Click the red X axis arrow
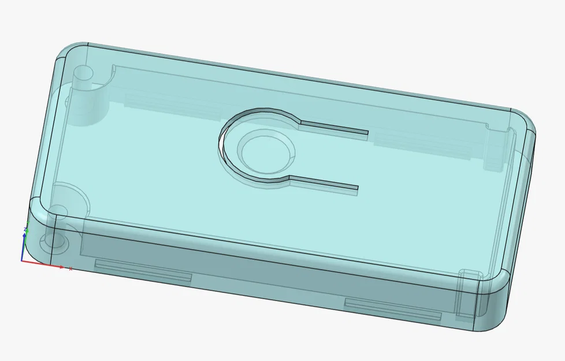point(61,266)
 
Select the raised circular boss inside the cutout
point(266,152)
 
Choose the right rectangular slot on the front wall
point(392,309)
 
